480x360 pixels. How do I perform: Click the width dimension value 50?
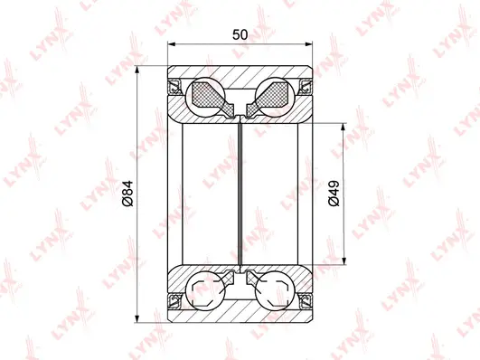pos(240,34)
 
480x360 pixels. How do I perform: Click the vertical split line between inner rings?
pos(240,194)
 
